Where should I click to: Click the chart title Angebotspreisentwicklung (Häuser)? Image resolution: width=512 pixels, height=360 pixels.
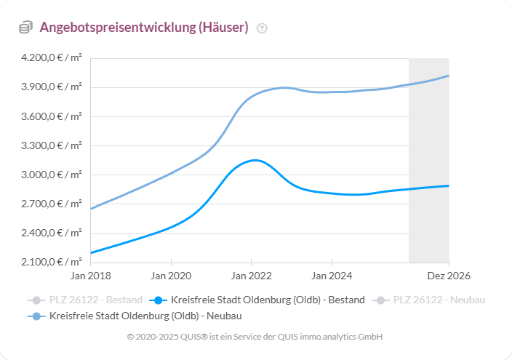[144, 28]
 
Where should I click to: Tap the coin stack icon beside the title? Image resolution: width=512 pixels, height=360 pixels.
[25, 28]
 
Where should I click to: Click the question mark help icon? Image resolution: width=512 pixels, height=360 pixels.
[263, 28]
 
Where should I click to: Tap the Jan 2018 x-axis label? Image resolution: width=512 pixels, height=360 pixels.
[91, 276]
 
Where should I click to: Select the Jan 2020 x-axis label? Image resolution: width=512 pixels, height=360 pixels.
[171, 276]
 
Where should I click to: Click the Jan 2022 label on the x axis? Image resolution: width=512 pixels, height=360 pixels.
[251, 276]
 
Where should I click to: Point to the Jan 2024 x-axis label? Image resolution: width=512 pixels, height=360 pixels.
[332, 276]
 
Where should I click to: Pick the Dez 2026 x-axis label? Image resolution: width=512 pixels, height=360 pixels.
[448, 276]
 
